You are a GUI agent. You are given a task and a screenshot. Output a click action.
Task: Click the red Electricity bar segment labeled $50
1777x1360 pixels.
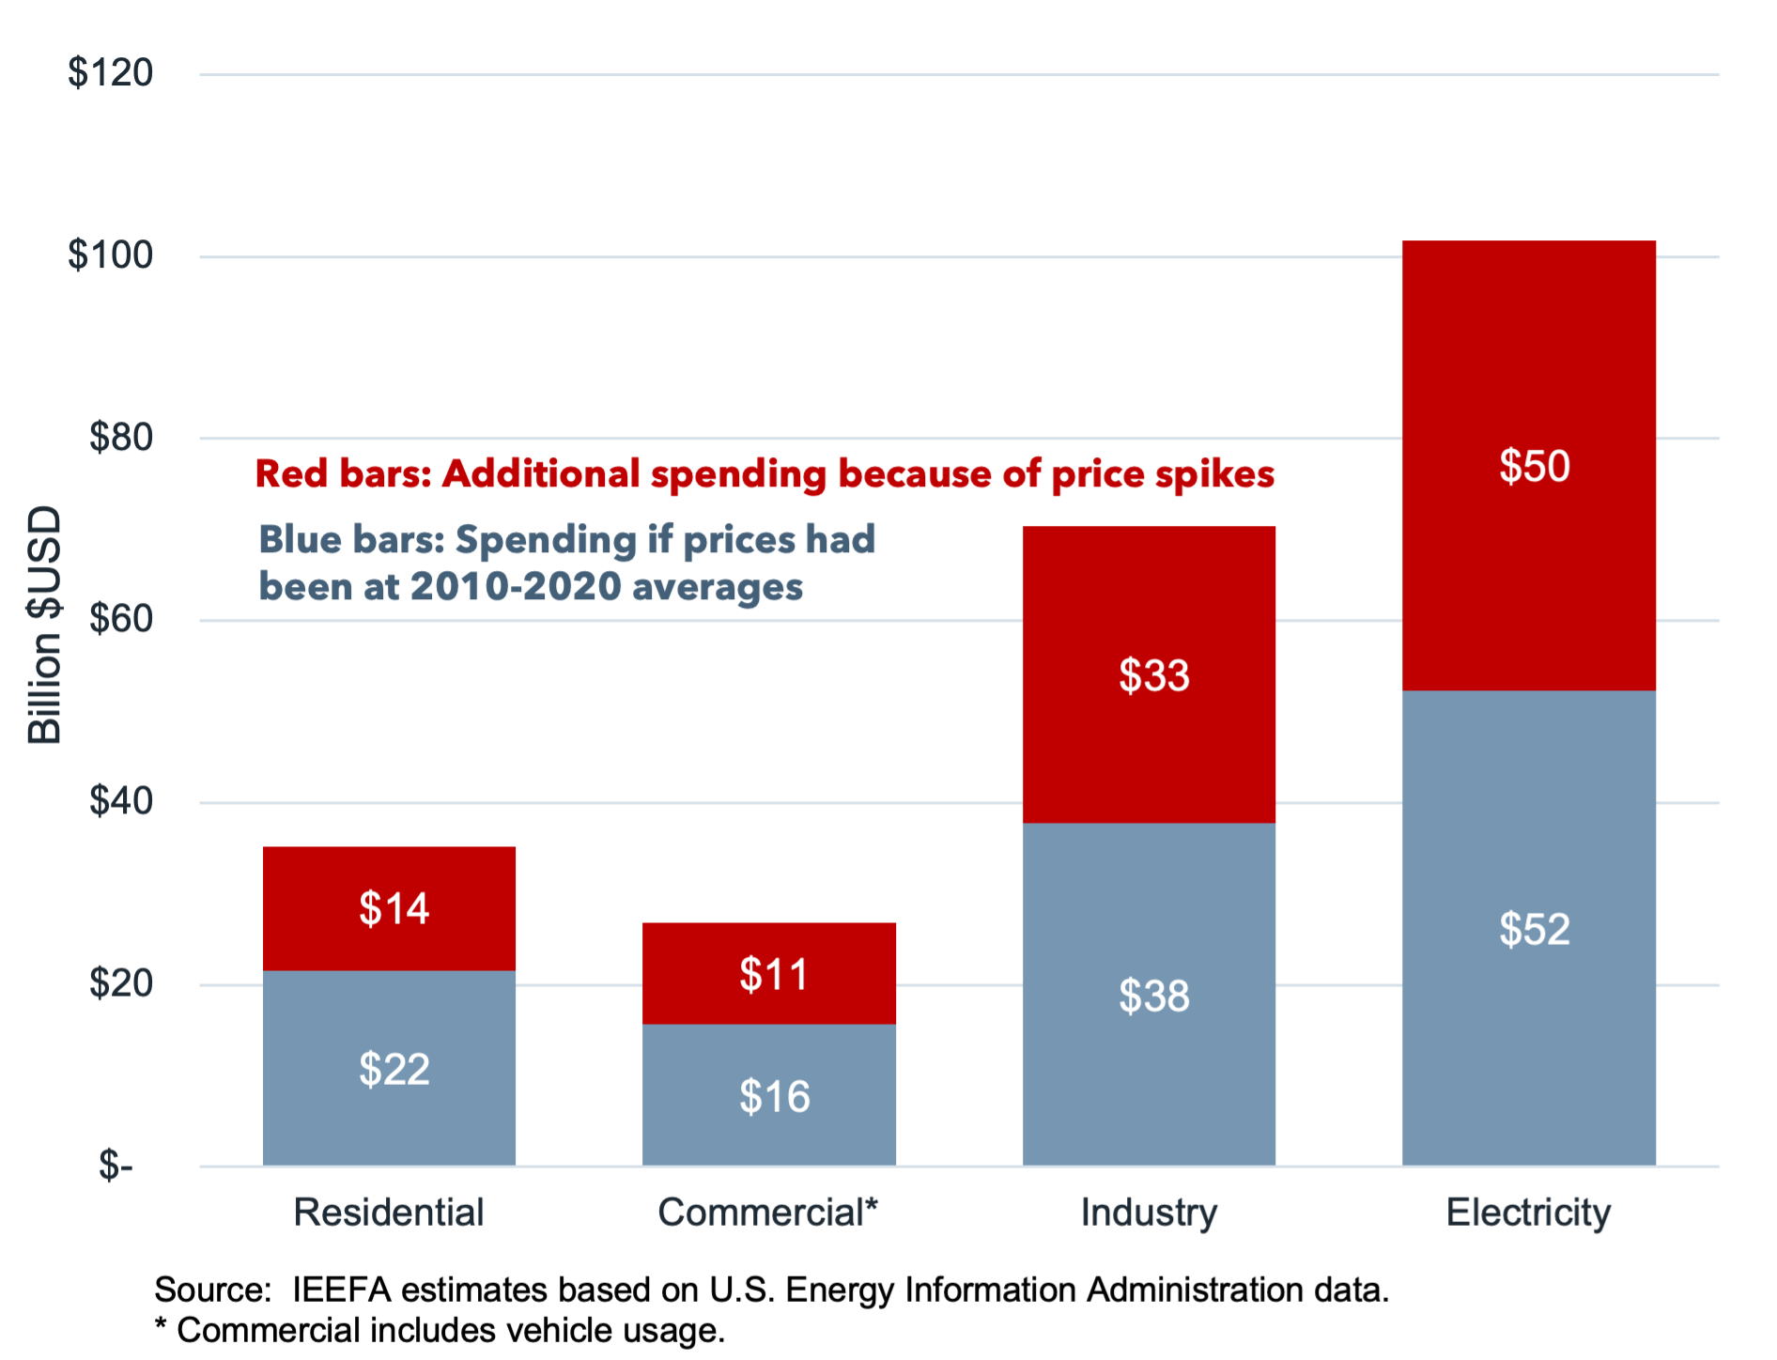(x=1528, y=466)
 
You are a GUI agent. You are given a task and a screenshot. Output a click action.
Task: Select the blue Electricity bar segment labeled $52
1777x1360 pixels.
(x=1528, y=928)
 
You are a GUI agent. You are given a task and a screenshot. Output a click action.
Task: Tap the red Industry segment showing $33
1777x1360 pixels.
(x=1149, y=674)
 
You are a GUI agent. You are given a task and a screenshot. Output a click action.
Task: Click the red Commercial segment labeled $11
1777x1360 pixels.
(x=768, y=973)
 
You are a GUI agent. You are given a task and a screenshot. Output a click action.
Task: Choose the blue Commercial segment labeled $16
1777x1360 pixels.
(x=768, y=1095)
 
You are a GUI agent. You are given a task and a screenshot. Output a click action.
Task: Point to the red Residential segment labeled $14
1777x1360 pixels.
(x=389, y=908)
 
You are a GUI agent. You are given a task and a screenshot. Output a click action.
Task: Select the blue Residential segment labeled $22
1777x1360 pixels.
(x=389, y=1068)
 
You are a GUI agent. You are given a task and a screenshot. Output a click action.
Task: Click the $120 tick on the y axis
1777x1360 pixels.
(x=110, y=73)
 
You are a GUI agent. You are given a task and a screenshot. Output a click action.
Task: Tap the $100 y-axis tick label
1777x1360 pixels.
(x=110, y=255)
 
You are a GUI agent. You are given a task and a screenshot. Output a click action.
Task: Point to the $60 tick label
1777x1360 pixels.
(x=120, y=619)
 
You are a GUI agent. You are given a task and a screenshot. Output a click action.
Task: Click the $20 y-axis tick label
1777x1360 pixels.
(x=120, y=983)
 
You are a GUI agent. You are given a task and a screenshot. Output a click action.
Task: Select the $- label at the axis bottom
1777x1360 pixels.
(x=116, y=1166)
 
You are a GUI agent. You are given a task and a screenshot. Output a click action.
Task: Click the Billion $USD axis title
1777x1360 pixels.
(x=44, y=625)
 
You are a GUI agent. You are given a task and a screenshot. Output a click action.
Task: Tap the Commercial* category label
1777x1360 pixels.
(x=767, y=1213)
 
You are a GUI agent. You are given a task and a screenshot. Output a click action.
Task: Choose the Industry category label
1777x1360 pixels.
(x=1149, y=1213)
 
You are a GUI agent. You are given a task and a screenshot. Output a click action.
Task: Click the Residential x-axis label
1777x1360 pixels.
(x=388, y=1213)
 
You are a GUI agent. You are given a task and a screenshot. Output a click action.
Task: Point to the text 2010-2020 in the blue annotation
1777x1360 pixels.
(x=516, y=587)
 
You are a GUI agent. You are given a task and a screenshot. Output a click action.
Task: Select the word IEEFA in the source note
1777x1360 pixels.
(x=341, y=1290)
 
